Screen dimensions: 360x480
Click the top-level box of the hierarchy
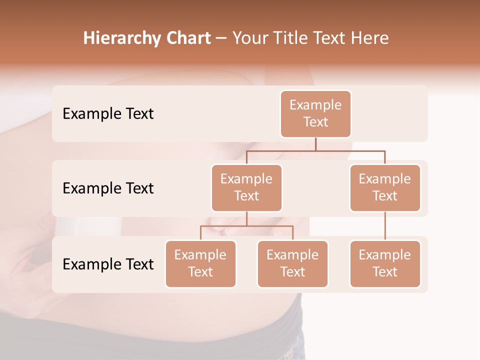(x=315, y=113)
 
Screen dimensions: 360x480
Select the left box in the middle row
(x=246, y=187)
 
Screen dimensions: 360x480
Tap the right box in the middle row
(x=385, y=187)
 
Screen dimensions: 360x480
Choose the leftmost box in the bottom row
(x=200, y=263)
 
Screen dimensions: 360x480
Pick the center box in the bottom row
(x=292, y=263)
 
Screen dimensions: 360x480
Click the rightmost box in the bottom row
(x=385, y=263)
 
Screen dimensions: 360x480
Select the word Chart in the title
(x=188, y=38)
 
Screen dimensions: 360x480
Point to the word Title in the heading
(x=292, y=38)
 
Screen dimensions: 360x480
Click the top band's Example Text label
(x=108, y=113)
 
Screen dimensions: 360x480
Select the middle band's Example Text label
(x=108, y=188)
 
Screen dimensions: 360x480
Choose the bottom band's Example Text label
(x=108, y=264)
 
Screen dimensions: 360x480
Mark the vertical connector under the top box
(x=315, y=144)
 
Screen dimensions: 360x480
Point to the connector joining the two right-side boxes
(x=385, y=226)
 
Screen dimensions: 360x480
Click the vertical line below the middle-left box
(x=246, y=219)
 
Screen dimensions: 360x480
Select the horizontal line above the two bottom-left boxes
(x=246, y=226)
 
